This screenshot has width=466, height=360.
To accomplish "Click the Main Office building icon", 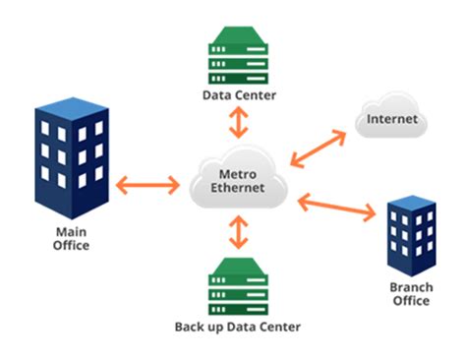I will [x=71, y=157].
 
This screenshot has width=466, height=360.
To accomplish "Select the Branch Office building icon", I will [x=410, y=236].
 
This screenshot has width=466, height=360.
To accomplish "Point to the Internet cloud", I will [x=392, y=119].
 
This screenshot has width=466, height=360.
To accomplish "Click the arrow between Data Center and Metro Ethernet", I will [x=237, y=123].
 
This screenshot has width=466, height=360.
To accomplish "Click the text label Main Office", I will [x=71, y=239].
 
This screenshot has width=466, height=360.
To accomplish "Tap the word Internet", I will [x=392, y=120].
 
